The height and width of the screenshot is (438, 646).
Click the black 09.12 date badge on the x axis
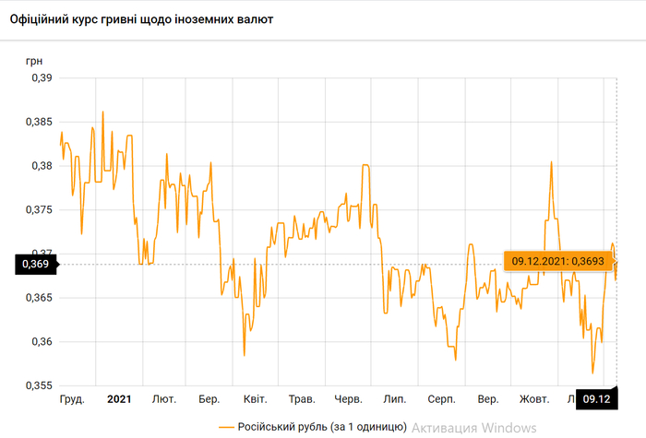597,399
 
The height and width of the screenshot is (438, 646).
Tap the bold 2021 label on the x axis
119,399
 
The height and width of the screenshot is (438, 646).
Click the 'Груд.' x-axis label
72,399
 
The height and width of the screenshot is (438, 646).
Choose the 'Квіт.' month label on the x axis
256,399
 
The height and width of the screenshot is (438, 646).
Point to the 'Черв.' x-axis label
348,399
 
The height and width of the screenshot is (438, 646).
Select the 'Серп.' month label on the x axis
441,399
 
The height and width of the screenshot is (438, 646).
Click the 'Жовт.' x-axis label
534,399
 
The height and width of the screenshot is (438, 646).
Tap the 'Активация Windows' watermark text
473,427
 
